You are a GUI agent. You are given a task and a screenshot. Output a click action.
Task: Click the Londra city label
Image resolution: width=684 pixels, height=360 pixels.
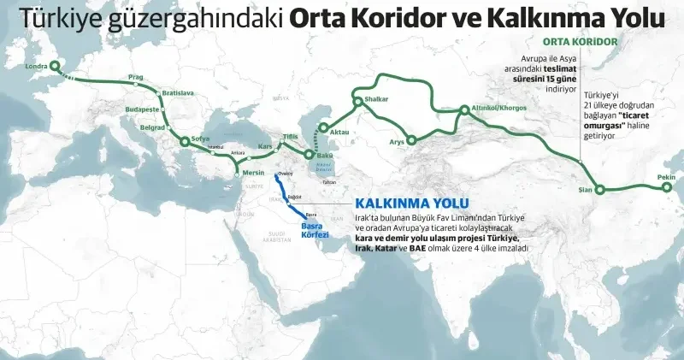tap(37, 66)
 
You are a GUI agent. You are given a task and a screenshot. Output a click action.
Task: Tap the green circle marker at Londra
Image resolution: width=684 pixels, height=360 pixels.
tap(56, 66)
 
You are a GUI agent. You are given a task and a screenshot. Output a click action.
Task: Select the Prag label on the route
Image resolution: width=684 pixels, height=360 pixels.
tap(136, 77)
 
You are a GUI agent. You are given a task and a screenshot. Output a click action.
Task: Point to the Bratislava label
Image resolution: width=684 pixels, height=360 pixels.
tap(178, 92)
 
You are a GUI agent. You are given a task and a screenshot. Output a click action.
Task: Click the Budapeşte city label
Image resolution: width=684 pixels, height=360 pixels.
tap(142, 109)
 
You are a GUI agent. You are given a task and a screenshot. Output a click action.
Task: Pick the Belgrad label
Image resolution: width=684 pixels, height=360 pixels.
tap(152, 127)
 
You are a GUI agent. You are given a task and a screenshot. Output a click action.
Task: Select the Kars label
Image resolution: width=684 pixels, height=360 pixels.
tap(264, 146)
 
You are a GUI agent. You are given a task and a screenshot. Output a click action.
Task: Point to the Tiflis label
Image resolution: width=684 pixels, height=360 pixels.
tap(291, 137)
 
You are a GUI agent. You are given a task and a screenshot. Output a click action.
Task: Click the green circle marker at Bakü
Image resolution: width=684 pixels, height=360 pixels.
tap(309, 156)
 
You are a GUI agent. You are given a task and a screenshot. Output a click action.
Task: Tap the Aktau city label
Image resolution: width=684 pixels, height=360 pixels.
tap(339, 133)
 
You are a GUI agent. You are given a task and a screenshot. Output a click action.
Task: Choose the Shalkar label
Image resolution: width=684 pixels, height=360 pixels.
tap(376, 99)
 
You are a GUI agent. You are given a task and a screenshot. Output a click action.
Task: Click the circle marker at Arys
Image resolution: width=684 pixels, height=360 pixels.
tap(412, 140)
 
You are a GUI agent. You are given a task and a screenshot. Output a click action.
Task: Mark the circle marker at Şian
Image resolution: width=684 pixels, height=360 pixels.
tap(600, 190)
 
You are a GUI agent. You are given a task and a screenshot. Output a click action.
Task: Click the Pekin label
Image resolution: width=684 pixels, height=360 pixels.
tap(666, 177)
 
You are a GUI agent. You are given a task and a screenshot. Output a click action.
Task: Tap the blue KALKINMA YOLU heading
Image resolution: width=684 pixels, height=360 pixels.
tap(400, 204)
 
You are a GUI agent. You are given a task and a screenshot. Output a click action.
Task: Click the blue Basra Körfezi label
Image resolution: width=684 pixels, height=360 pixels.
tap(315, 229)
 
